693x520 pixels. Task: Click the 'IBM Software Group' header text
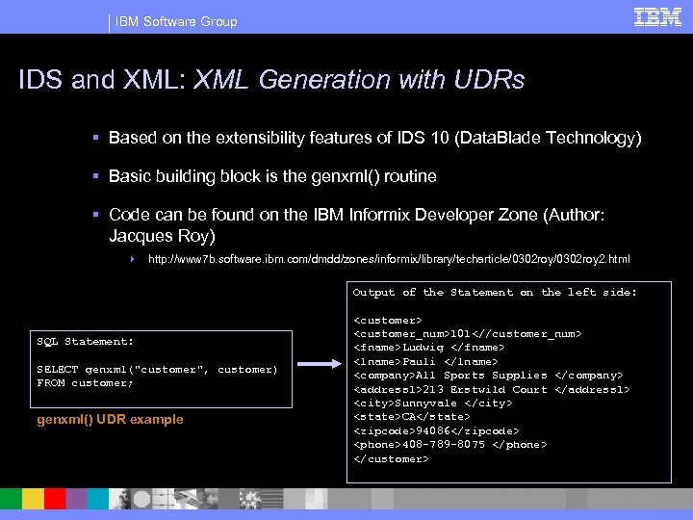pos(175,21)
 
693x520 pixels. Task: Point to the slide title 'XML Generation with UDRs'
pos(359,80)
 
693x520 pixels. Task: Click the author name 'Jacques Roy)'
pos(163,234)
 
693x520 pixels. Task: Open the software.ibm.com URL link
pos(389,259)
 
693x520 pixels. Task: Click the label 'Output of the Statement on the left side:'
pos(495,292)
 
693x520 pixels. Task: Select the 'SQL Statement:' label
pos(85,341)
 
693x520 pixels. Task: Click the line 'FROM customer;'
pos(85,382)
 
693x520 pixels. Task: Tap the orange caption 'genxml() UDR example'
pos(110,420)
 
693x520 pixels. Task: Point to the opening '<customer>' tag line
pos(388,319)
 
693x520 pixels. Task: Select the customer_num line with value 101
pos(467,333)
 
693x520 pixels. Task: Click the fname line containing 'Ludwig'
pos(428,347)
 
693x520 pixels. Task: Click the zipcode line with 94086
pos(436,430)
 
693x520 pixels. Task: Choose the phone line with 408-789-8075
pos(450,444)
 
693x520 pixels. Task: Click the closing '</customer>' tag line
pos(391,458)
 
